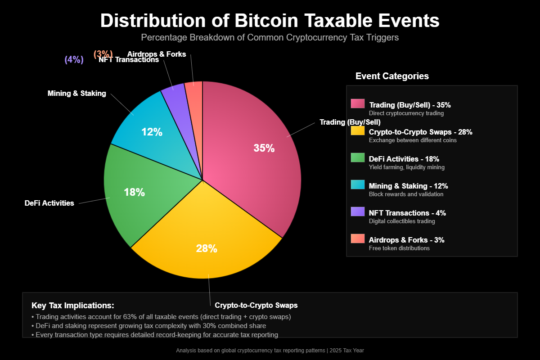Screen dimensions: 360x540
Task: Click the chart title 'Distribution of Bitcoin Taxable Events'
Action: click(270, 21)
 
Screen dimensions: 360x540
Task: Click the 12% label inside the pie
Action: click(152, 132)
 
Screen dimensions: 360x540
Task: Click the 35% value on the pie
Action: click(264, 148)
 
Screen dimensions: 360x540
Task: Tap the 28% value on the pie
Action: click(207, 248)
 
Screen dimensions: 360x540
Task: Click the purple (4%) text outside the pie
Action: click(74, 60)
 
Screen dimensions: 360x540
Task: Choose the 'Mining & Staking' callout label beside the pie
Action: click(77, 94)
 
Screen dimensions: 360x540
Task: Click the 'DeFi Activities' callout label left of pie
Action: click(49, 203)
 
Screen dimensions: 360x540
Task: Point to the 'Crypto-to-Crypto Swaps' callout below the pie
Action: click(256, 305)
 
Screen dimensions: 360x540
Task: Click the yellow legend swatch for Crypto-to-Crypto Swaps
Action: click(358, 130)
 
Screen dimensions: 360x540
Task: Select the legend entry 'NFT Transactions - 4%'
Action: click(407, 213)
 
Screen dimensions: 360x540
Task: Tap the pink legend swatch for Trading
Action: click(358, 103)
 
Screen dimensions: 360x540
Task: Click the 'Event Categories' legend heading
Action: click(392, 76)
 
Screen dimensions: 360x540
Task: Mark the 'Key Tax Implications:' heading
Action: click(73, 306)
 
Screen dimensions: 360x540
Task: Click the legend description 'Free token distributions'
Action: click(399, 248)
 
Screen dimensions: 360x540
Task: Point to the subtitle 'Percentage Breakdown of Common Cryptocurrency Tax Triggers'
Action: click(270, 37)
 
